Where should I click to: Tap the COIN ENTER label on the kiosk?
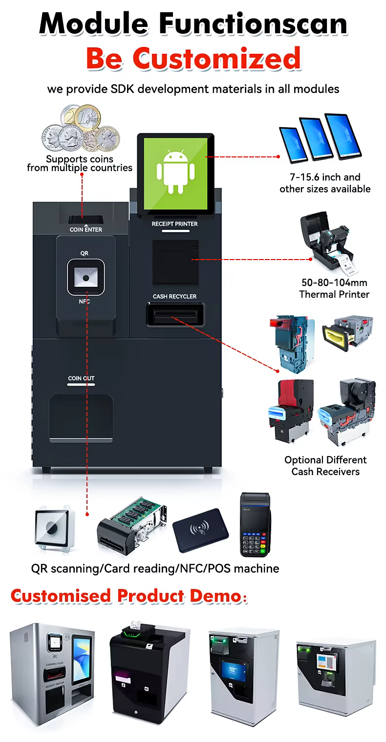86,229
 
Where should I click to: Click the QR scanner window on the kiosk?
86,278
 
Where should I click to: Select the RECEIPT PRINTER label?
174,224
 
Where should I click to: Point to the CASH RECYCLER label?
174,297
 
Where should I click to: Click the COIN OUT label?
81,378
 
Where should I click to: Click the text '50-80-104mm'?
334,283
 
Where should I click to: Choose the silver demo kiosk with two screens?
53,667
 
